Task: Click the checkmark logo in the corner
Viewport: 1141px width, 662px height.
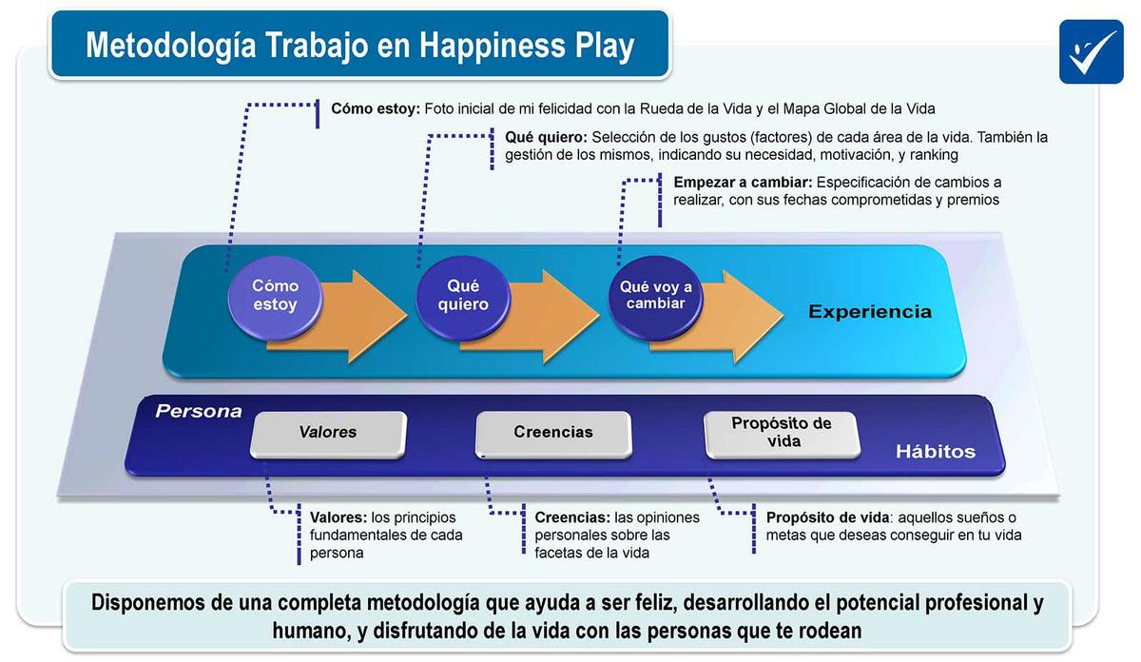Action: pyautogui.click(x=1092, y=50)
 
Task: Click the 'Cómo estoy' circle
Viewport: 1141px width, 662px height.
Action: pyautogui.click(x=274, y=296)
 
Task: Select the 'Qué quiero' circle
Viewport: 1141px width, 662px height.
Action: pyautogui.click(x=463, y=296)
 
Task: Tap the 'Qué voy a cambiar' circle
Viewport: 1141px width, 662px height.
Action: pyautogui.click(x=655, y=295)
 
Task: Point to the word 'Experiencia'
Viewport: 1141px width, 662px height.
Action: pyautogui.click(x=869, y=312)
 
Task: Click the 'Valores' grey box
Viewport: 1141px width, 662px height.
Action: pyautogui.click(x=328, y=433)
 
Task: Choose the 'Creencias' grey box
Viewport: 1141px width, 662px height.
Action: pyautogui.click(x=552, y=433)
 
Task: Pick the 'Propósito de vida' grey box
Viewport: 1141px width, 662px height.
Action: pyautogui.click(x=781, y=433)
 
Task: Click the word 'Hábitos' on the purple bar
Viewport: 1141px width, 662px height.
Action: pyautogui.click(x=935, y=452)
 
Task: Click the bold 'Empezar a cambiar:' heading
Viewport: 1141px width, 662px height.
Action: pyautogui.click(x=743, y=183)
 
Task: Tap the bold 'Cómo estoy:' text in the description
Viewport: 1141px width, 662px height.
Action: pyautogui.click(x=375, y=109)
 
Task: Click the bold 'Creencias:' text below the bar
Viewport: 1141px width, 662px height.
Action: pyautogui.click(x=572, y=518)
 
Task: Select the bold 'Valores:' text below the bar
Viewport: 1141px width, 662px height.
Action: pyautogui.click(x=338, y=518)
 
